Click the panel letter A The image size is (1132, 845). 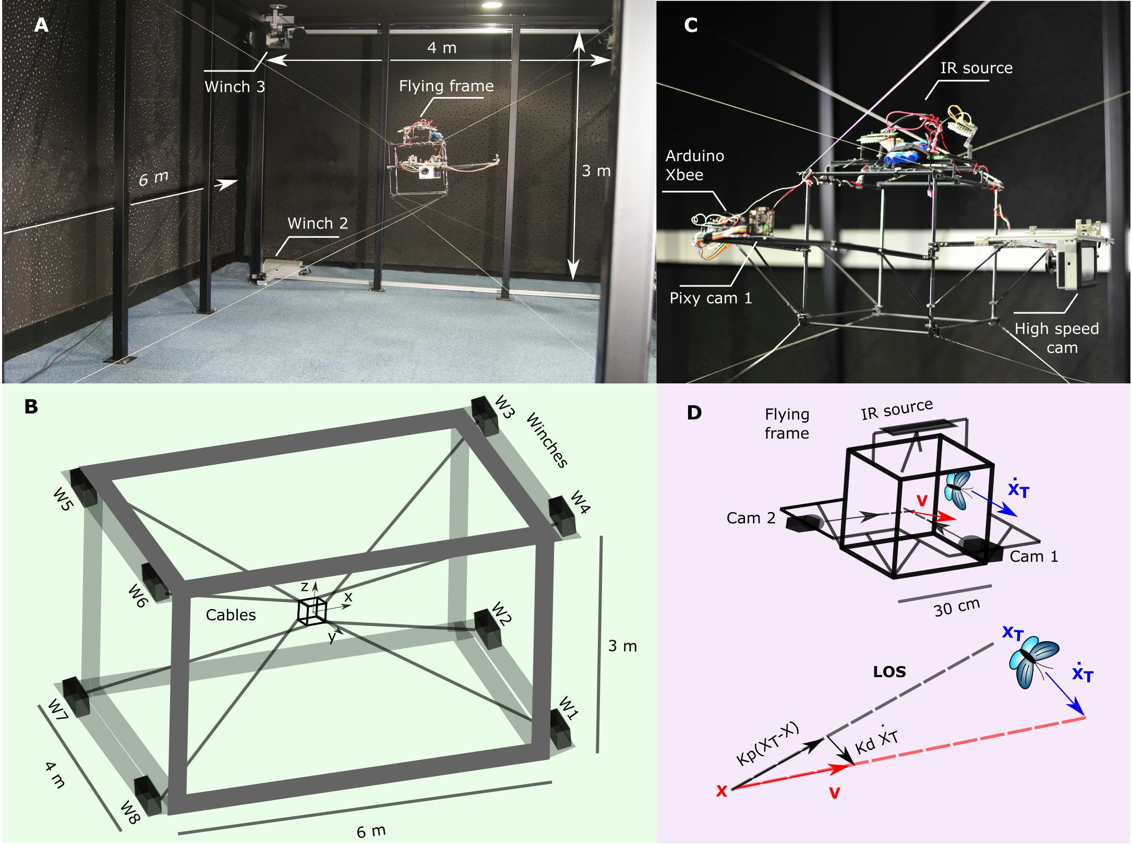coord(41,25)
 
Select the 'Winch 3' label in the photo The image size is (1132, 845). coord(234,87)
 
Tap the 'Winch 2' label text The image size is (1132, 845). coord(317,223)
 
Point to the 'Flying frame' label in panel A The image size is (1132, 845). coord(446,86)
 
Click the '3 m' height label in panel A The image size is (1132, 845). coord(596,171)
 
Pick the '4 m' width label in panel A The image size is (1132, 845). coord(441,48)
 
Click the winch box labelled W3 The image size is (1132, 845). coord(484,417)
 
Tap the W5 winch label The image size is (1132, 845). coord(62,499)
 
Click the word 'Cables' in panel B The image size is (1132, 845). coord(231,615)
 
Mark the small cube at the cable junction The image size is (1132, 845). coord(312,610)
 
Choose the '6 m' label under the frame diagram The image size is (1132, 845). coord(371,830)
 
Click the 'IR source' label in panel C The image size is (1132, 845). coord(976,68)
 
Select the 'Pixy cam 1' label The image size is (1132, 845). coord(711,298)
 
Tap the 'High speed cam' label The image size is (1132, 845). coord(1056,338)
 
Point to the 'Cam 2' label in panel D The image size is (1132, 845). coord(751,518)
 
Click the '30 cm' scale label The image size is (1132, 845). coord(956,607)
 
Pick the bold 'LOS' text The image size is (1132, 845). coord(889,672)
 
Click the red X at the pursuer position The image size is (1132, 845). coord(721,792)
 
